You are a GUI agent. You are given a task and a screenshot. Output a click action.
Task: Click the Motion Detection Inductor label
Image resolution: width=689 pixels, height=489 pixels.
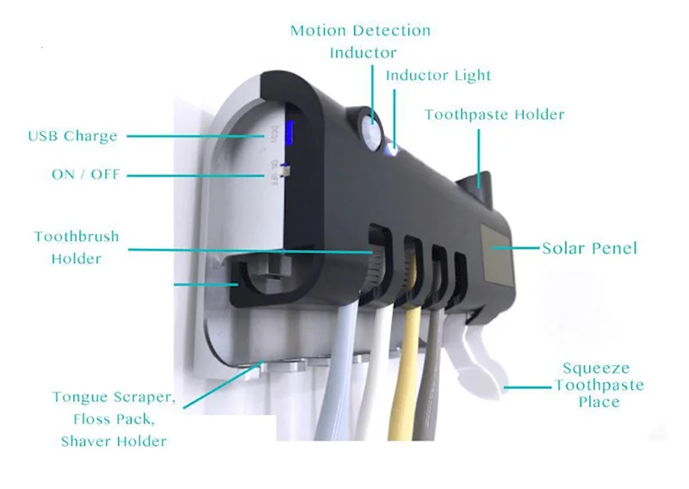point(360,41)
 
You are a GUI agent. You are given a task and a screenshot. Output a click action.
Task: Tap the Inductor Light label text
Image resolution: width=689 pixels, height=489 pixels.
point(438,76)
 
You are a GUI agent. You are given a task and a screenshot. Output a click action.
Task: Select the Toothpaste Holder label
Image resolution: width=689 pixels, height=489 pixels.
point(494,115)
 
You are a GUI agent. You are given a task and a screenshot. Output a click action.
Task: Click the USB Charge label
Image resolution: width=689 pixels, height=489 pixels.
point(72,136)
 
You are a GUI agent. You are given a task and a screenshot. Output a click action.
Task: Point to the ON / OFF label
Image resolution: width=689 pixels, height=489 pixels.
point(85,175)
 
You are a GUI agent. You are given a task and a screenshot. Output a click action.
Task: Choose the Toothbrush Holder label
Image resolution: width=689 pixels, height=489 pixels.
point(76,247)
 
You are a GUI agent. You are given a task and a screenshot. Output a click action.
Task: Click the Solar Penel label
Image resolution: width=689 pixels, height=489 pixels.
point(589,248)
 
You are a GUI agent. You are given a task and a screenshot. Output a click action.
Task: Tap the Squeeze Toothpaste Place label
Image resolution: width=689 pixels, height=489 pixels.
point(599,384)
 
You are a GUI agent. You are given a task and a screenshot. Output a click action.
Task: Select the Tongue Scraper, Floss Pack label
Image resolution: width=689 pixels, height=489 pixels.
point(114,409)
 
